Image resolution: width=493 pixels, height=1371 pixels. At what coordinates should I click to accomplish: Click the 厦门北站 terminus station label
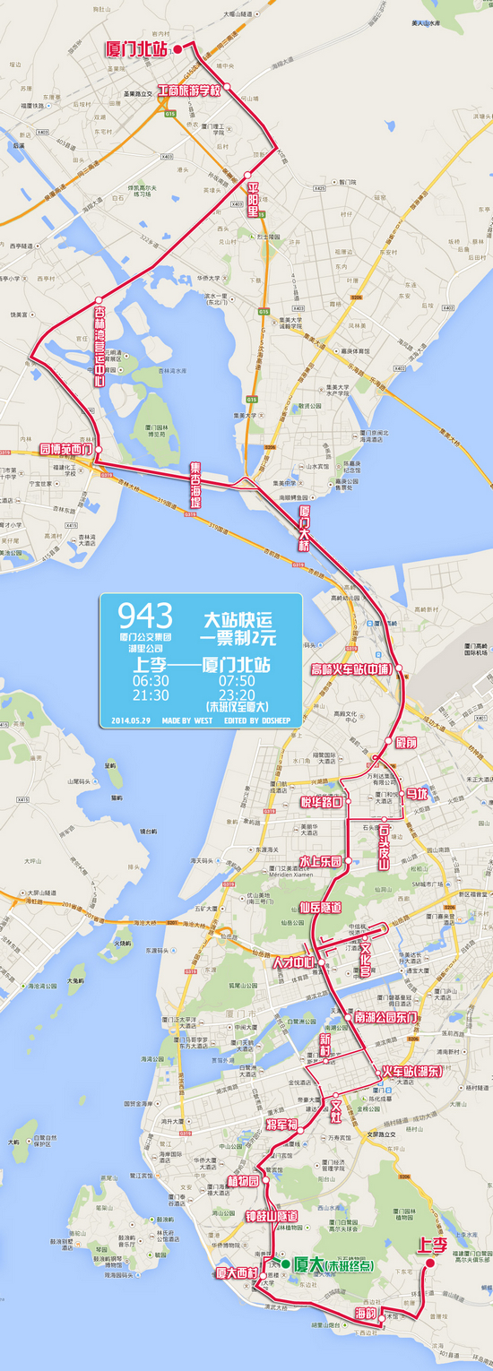(137, 48)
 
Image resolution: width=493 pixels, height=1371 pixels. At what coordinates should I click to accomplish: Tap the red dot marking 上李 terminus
(429, 1263)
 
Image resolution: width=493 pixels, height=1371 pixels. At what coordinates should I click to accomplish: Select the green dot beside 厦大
(286, 1263)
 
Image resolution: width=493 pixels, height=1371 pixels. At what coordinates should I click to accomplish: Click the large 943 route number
(145, 616)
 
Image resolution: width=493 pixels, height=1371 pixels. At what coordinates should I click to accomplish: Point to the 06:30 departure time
(151, 681)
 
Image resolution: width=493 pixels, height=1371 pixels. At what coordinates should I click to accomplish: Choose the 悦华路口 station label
(323, 802)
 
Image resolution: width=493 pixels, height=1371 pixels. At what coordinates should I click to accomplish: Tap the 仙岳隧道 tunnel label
(321, 908)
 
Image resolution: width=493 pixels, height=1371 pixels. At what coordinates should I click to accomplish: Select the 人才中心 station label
(296, 962)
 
